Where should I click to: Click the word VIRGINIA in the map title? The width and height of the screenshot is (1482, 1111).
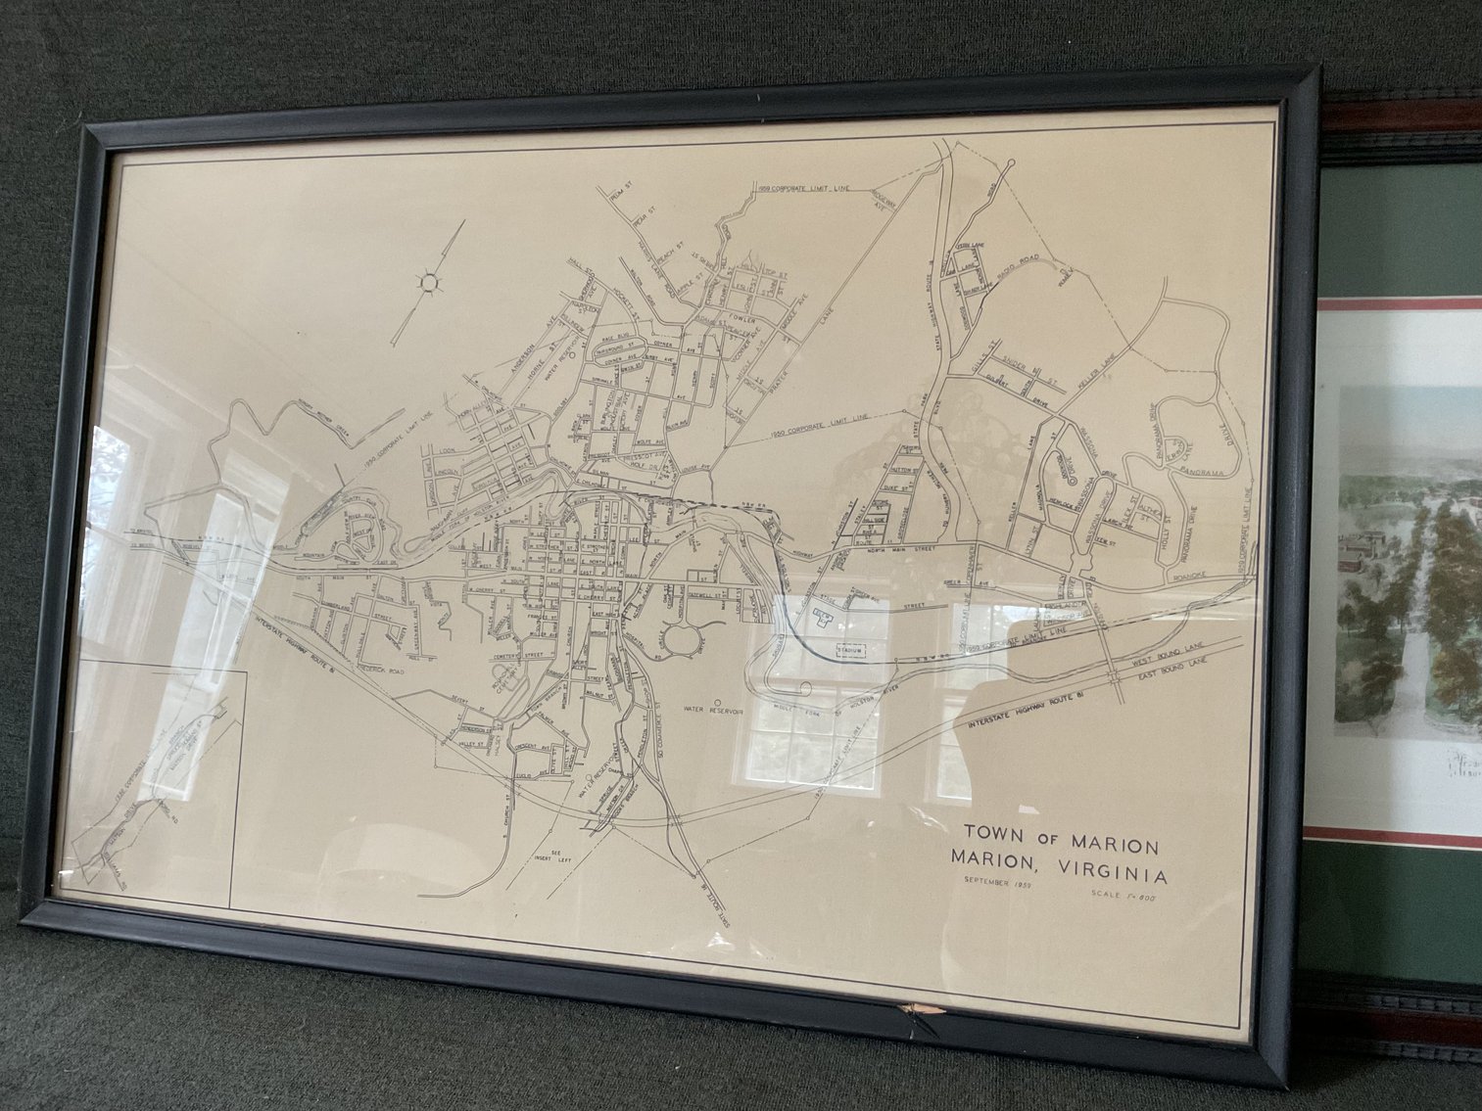1106,871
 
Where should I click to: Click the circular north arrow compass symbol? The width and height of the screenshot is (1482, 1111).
428,283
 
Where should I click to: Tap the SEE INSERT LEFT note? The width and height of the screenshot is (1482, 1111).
559,858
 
